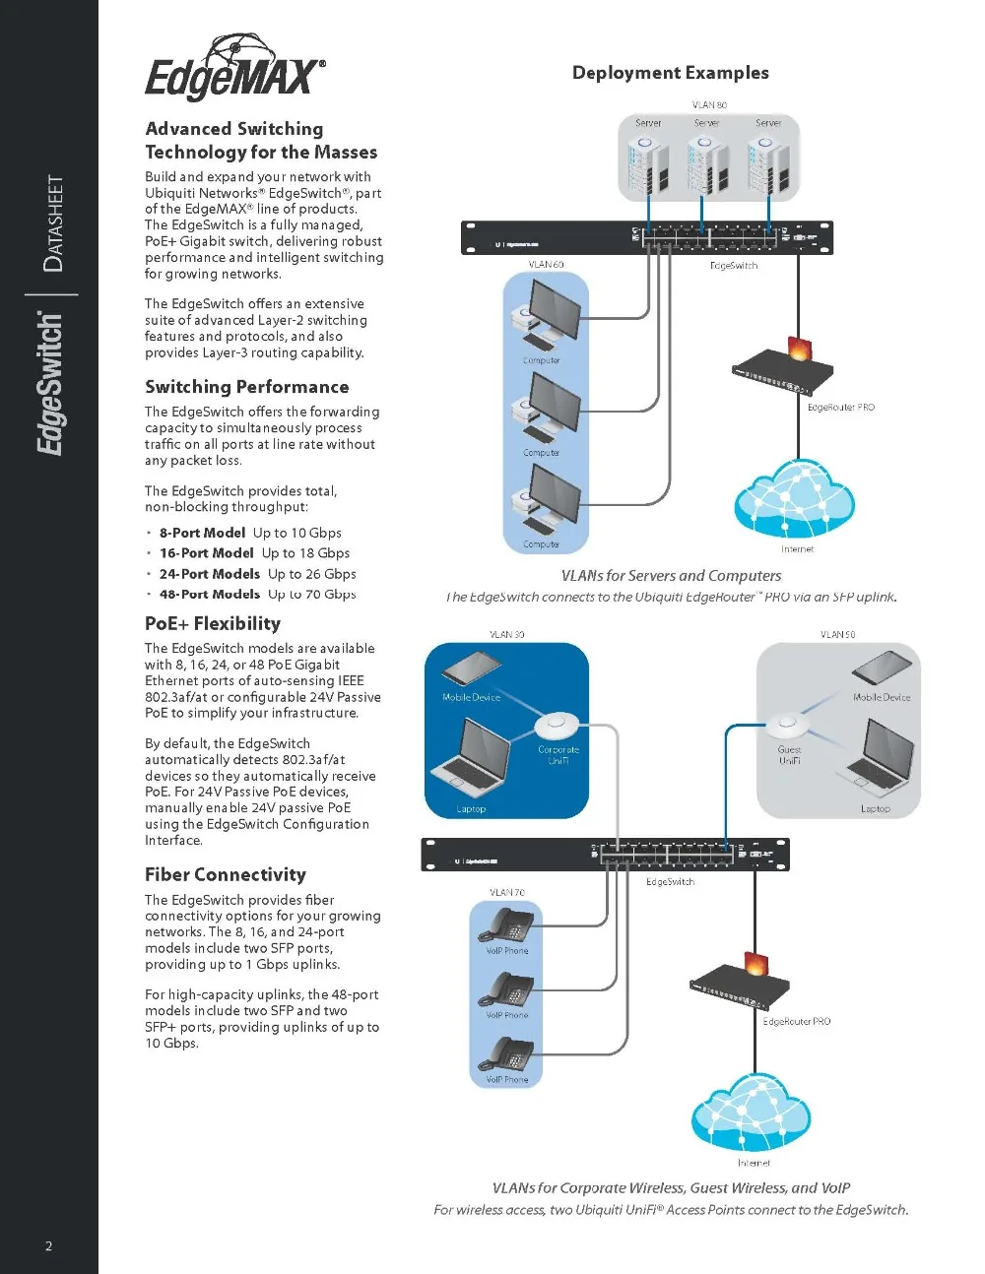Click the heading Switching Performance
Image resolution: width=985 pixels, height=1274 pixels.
point(246,387)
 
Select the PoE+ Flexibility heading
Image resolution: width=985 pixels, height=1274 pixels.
point(213,623)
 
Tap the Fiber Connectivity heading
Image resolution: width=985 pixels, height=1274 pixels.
point(226,874)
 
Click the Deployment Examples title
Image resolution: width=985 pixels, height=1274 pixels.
point(670,73)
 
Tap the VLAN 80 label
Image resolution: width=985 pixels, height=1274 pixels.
point(709,104)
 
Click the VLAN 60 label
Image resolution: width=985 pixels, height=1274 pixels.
point(546,264)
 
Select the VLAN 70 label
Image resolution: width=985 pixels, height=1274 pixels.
point(506,892)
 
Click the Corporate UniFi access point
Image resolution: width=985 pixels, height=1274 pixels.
point(558,727)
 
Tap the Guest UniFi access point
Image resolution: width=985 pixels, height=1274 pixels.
point(788,726)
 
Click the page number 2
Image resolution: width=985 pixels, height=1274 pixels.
point(49,1245)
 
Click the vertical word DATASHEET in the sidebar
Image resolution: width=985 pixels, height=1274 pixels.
point(54,223)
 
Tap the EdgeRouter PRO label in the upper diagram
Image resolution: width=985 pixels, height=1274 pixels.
point(840,407)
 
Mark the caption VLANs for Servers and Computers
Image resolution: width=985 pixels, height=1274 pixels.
point(671,576)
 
